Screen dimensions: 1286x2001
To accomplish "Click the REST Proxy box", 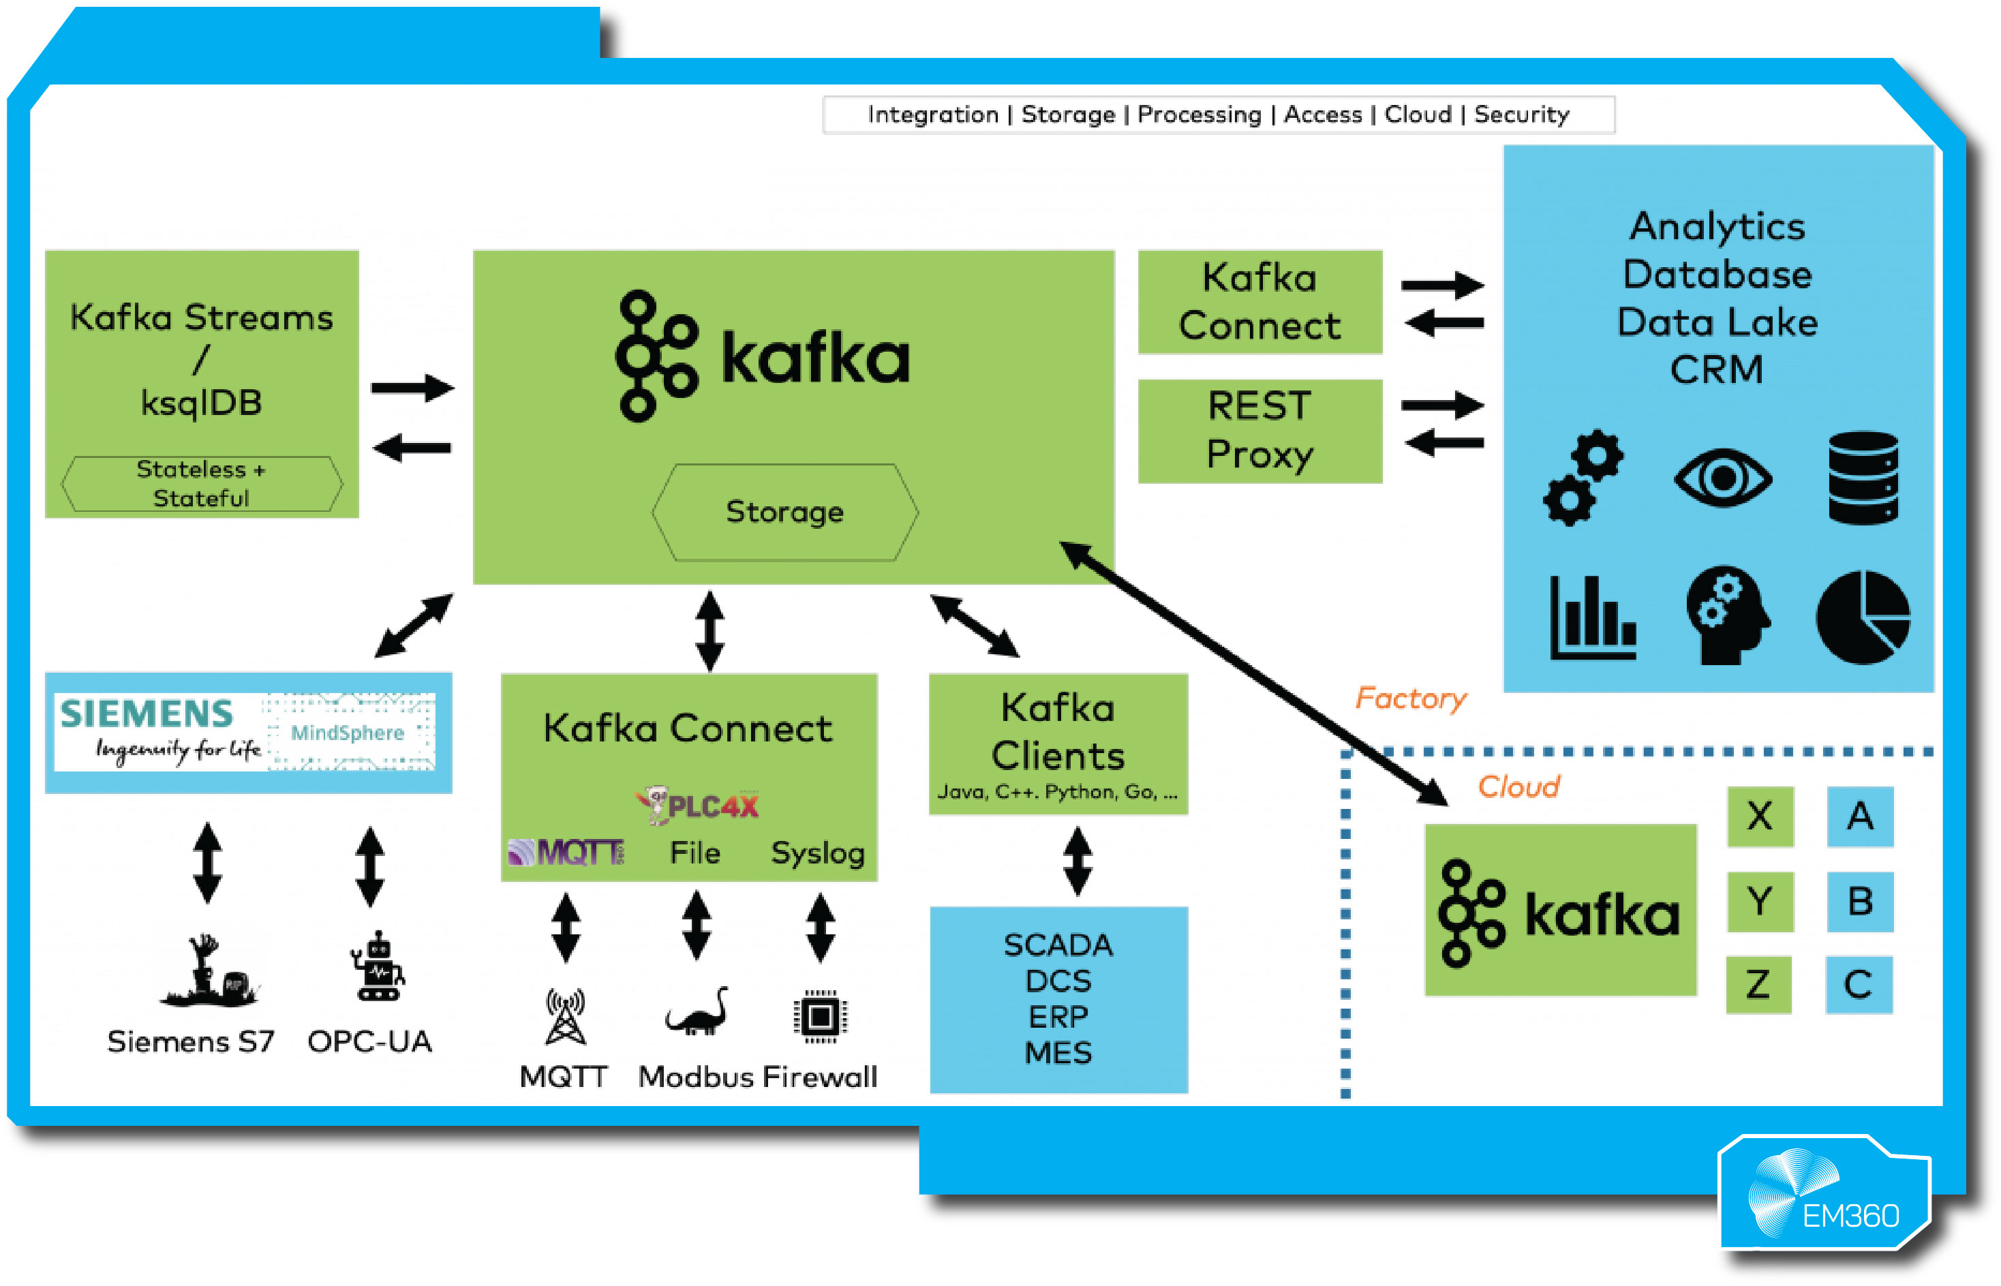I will point(1259,431).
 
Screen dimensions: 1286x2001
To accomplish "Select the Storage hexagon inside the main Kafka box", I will point(784,512).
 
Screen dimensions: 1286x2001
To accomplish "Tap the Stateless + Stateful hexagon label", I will point(201,483).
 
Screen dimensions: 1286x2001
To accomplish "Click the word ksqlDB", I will point(201,403).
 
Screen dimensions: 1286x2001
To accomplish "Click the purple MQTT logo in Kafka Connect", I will point(566,852).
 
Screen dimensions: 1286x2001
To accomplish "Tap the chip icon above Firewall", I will point(819,1016).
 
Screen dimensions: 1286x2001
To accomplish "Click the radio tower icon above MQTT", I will point(566,1016).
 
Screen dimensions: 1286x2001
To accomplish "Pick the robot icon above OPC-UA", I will point(378,967).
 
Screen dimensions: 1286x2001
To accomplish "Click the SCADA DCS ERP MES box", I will point(1058,998).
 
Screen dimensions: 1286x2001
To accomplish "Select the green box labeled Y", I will point(1760,901).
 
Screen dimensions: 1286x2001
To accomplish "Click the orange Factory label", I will point(1409,698).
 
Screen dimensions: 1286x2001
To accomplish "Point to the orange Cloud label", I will point(1518,786).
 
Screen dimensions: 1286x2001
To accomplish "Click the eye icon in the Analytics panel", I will point(1722,478).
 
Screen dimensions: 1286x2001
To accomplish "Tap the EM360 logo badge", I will point(1824,1195).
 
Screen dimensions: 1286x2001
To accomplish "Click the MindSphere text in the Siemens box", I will point(348,733).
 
